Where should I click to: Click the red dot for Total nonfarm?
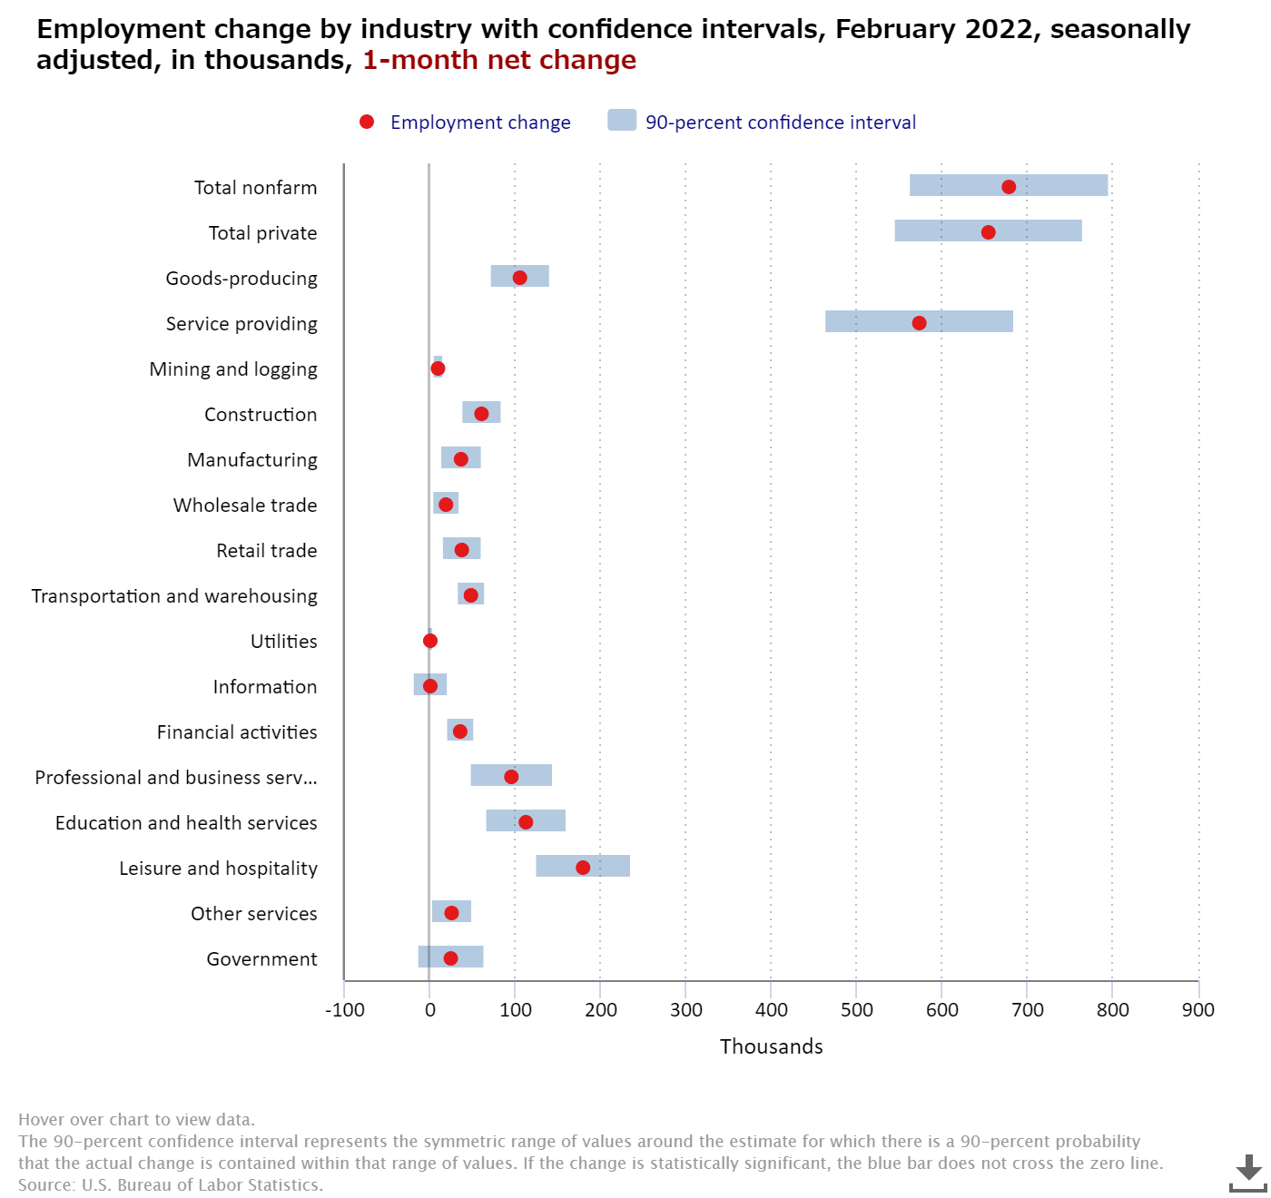[1009, 187]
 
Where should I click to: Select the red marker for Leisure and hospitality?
[583, 868]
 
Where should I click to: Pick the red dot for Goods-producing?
[519, 278]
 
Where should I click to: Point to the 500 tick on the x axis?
[856, 1010]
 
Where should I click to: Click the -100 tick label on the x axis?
[344, 1010]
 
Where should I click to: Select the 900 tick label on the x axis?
[1198, 1010]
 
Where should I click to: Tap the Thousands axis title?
[771, 1046]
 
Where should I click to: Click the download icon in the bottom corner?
[1248, 1173]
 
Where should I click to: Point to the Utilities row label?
[284, 642]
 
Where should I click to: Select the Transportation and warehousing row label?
[174, 596]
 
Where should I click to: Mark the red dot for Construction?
[481, 414]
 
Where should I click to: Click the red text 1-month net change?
[499, 60]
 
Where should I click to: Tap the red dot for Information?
[430, 686]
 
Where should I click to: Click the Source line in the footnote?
[171, 1184]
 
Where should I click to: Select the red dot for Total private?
[988, 232]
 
